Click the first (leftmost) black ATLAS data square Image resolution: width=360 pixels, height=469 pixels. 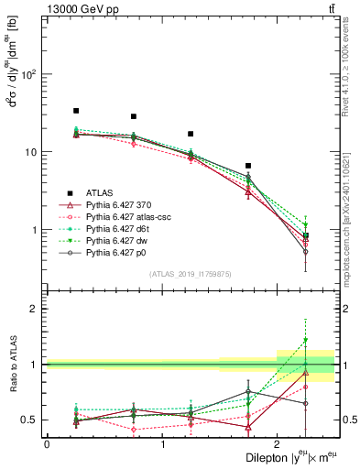pos(76,111)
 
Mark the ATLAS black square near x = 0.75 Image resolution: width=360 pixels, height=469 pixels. pos(134,116)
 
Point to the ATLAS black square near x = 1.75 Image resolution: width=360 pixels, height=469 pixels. pos(248,166)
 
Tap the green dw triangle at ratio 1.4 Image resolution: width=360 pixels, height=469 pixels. pos(306,341)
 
